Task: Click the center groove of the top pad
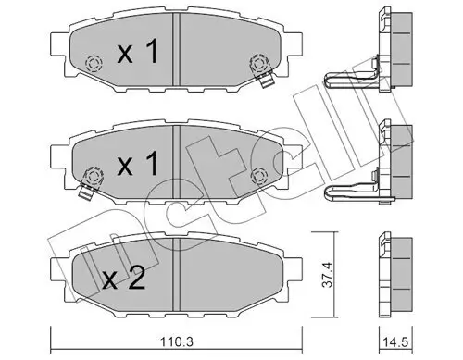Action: click(173, 56)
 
